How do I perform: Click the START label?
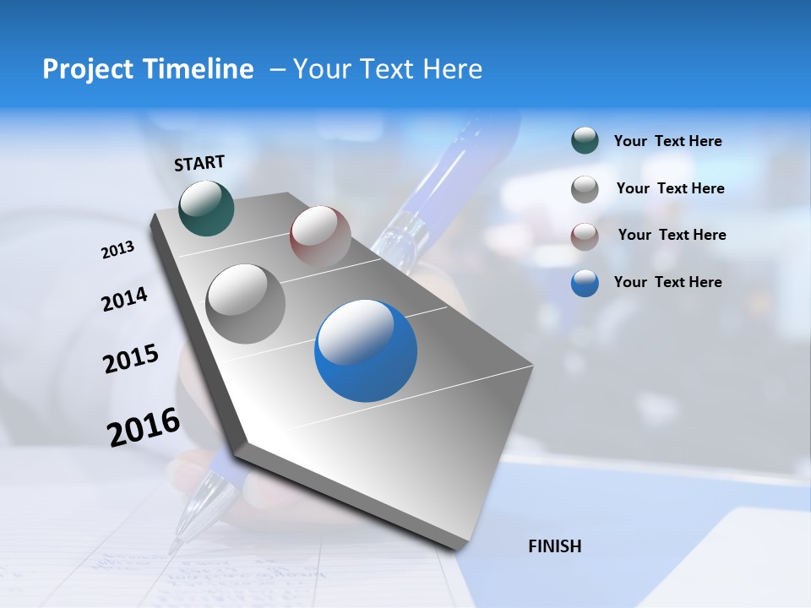pyautogui.click(x=199, y=163)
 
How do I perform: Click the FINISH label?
pyautogui.click(x=554, y=546)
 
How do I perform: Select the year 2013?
pyautogui.click(x=117, y=250)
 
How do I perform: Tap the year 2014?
pyautogui.click(x=124, y=299)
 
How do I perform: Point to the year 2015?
pyautogui.click(x=131, y=358)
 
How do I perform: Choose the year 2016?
pyautogui.click(x=144, y=427)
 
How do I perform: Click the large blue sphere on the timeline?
pyautogui.click(x=366, y=351)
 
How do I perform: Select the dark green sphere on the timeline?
pyautogui.click(x=206, y=208)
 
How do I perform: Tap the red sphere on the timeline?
pyautogui.click(x=320, y=236)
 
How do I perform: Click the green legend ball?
pyautogui.click(x=585, y=141)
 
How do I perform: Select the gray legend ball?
pyautogui.click(x=585, y=189)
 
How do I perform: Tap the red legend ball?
pyautogui.click(x=585, y=236)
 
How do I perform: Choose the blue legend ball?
pyautogui.click(x=585, y=284)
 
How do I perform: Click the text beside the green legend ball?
pyautogui.click(x=667, y=142)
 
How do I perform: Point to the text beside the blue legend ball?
pyautogui.click(x=667, y=282)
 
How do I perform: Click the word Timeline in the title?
pyautogui.click(x=202, y=69)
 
